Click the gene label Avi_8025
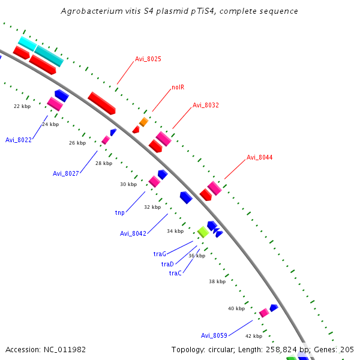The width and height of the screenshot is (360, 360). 148,59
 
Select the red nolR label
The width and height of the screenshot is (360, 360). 178,87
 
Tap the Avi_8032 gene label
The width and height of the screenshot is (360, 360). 205,105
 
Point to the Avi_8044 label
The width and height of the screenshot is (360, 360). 259,157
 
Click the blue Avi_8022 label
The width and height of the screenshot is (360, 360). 18,139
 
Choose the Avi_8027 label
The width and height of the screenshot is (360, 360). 65,173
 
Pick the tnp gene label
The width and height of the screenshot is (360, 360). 120,212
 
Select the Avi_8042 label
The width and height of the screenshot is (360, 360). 133,233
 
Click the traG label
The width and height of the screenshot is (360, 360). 160,254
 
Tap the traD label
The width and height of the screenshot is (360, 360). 167,264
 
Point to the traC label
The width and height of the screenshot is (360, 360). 175,273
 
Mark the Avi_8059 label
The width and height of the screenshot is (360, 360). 214,335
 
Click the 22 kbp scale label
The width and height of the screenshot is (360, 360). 22,106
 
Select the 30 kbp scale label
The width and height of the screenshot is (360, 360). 128,184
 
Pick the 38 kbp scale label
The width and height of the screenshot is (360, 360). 217,281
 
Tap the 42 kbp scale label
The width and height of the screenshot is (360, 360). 254,336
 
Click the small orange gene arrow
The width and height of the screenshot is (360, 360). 143,122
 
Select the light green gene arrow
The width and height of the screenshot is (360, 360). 203,232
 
